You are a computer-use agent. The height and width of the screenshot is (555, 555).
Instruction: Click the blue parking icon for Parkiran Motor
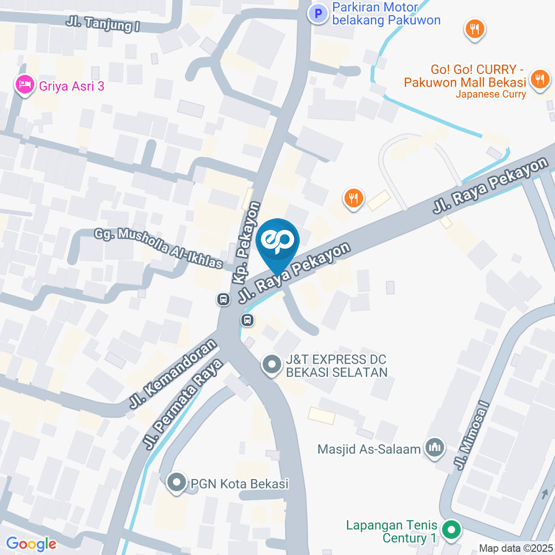click(x=317, y=13)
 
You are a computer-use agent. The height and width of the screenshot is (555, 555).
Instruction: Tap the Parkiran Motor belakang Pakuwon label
click(x=386, y=14)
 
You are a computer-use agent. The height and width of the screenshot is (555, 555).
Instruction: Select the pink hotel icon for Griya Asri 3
click(x=23, y=85)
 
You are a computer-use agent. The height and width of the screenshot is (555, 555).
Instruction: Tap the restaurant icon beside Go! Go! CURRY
click(x=540, y=78)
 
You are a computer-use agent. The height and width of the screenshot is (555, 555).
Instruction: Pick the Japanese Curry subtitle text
click(x=490, y=94)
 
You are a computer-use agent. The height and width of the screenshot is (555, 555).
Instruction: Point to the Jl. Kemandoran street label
click(x=172, y=374)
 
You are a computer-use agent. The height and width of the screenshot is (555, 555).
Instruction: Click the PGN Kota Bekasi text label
click(x=239, y=484)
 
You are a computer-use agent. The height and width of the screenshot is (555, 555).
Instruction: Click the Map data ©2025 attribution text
click(x=516, y=547)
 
